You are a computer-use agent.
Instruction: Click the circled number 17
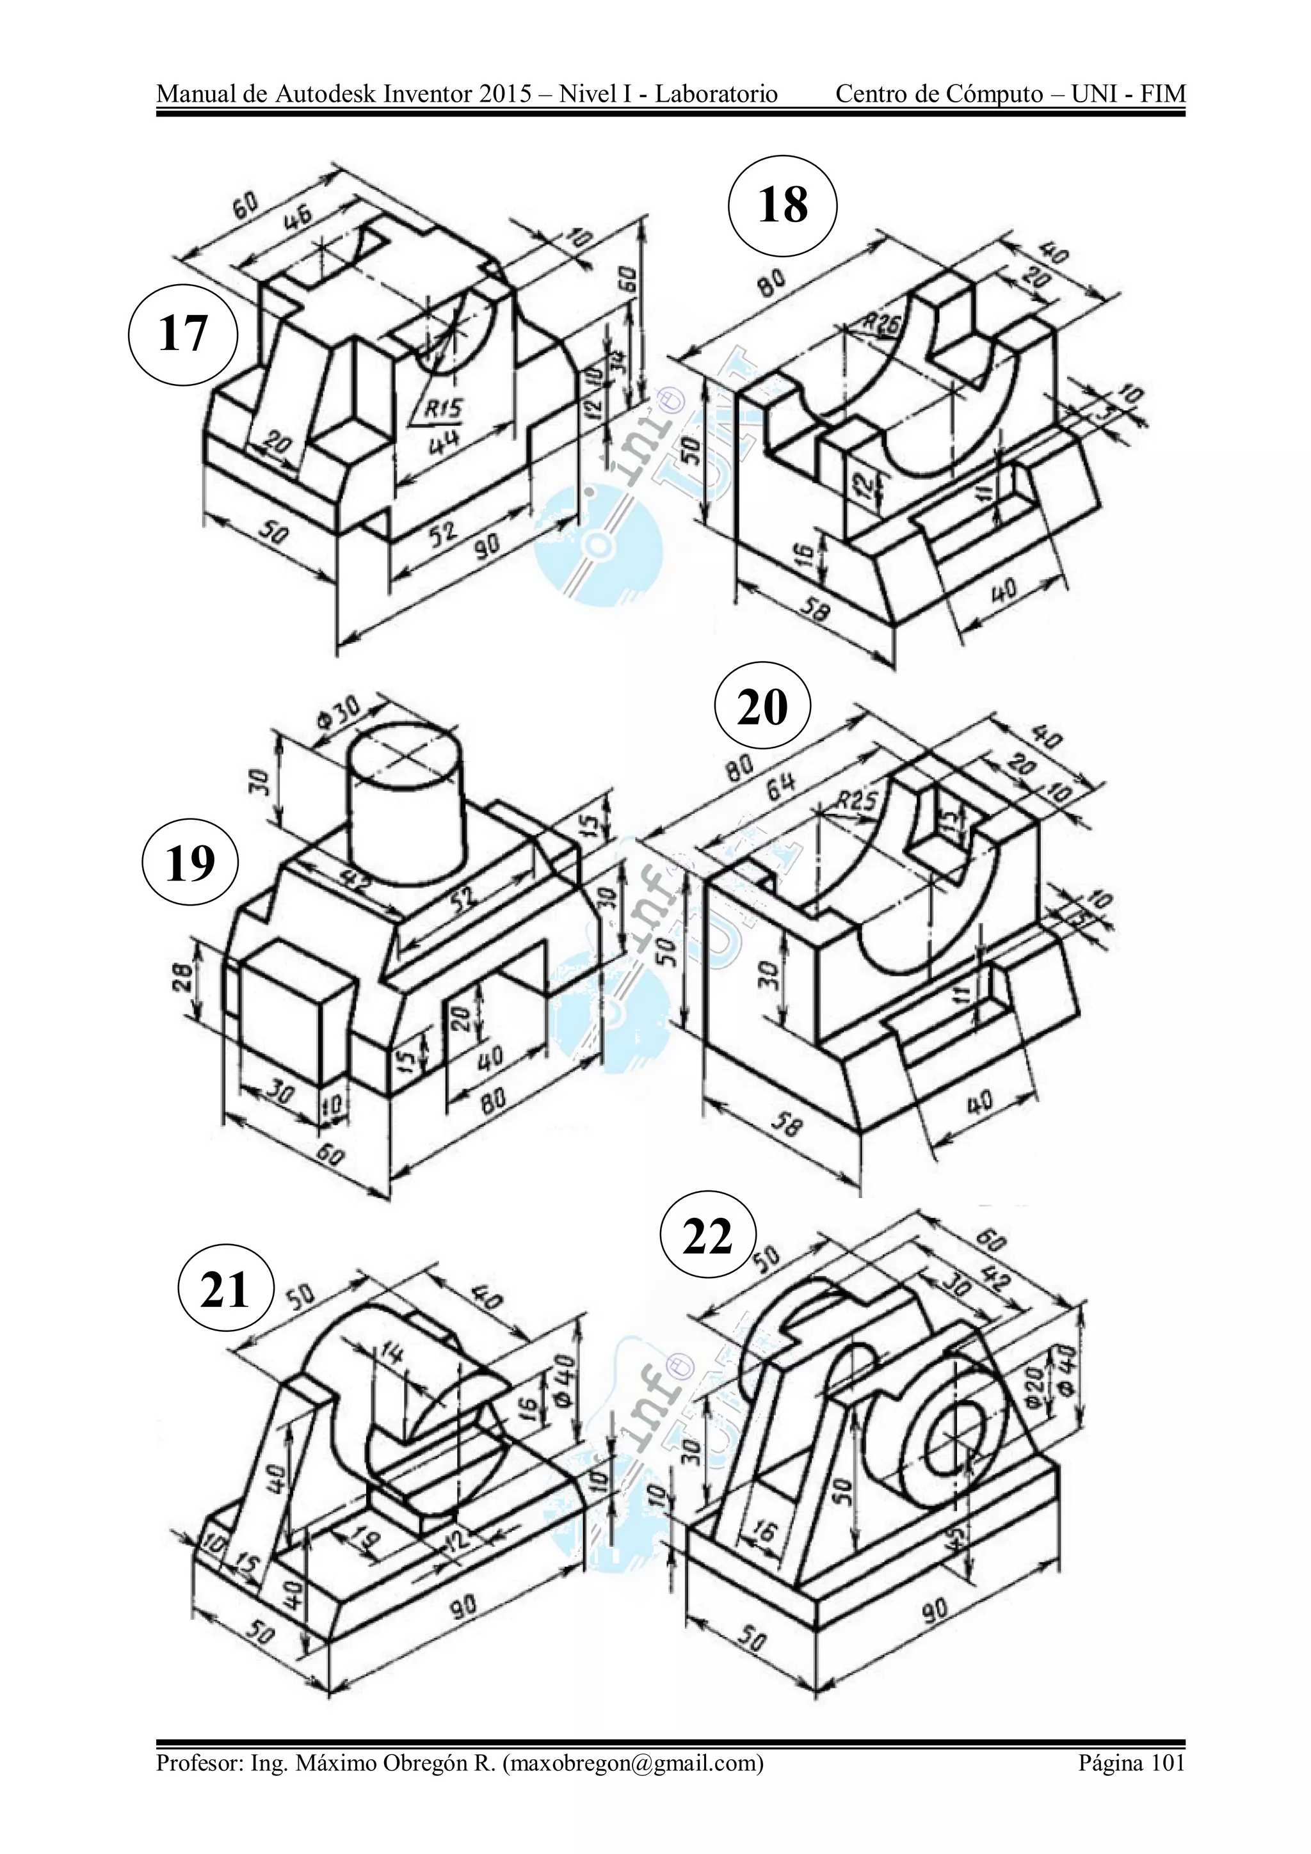tap(183, 333)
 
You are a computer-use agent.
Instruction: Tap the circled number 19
tap(190, 864)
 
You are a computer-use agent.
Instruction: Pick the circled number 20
tap(762, 708)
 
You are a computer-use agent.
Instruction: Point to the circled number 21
tap(225, 1290)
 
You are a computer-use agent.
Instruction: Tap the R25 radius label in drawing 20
tap(857, 802)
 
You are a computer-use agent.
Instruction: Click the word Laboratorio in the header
tap(716, 95)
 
